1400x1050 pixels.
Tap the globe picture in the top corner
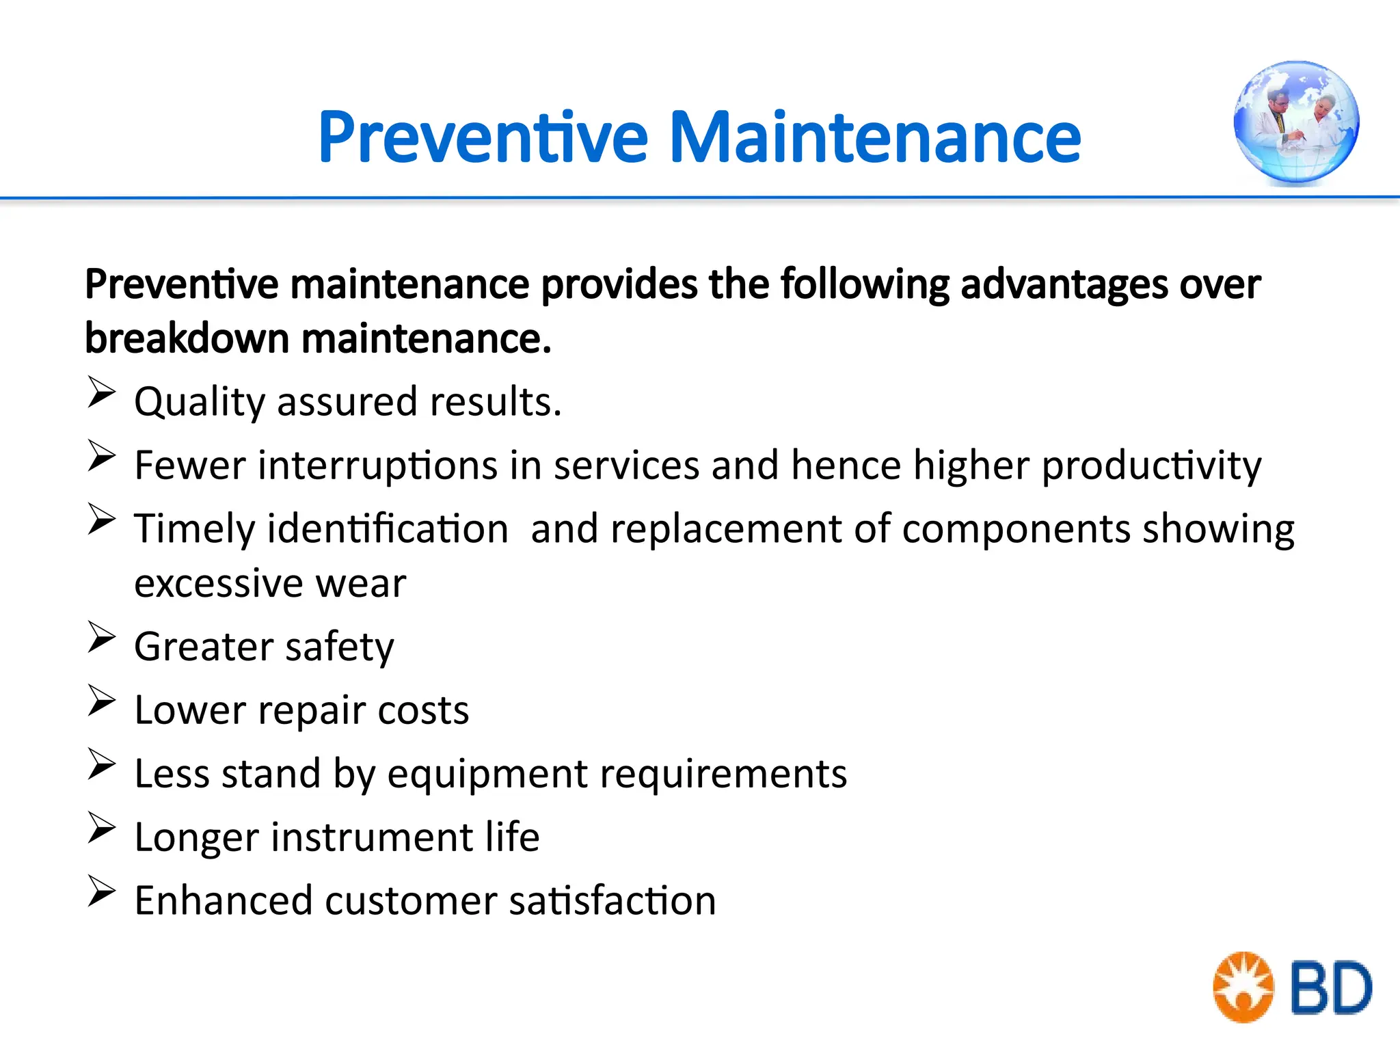click(x=1296, y=123)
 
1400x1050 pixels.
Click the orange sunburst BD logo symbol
click(x=1243, y=987)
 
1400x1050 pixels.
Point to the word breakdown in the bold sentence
click(x=187, y=338)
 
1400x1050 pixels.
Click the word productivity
click(x=1151, y=466)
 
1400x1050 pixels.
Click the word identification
click(x=388, y=529)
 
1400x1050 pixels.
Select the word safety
click(x=339, y=647)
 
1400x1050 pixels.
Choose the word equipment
click(x=487, y=775)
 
